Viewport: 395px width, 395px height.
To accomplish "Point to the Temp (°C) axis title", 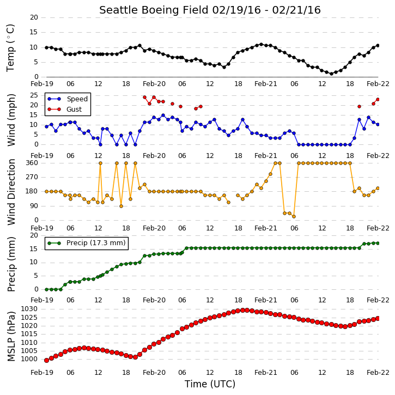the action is point(10,48).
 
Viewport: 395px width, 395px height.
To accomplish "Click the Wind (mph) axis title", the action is point(11,120).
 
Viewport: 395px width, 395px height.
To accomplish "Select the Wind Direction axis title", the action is point(11,192).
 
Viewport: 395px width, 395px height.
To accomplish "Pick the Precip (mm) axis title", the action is point(11,264).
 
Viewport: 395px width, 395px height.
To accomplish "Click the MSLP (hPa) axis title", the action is point(11,336).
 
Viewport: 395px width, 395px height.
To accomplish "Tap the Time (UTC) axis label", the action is point(210,384).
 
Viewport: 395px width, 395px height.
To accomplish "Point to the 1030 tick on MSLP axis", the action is point(29,309).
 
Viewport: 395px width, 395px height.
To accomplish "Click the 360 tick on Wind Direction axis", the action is point(32,163).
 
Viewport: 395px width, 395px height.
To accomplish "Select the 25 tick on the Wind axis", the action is point(34,95).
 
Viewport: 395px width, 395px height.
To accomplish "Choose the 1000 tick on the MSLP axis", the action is point(29,359).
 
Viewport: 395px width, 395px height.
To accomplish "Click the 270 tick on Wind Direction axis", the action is point(32,177).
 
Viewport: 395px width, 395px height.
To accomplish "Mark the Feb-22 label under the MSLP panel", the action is point(378,372).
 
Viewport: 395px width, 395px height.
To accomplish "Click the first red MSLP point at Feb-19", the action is point(47,361).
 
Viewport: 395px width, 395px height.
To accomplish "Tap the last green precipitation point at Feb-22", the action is point(378,243).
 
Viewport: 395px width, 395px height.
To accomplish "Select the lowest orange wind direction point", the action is point(294,216).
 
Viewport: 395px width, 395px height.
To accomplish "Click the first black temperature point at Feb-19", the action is point(47,47).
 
